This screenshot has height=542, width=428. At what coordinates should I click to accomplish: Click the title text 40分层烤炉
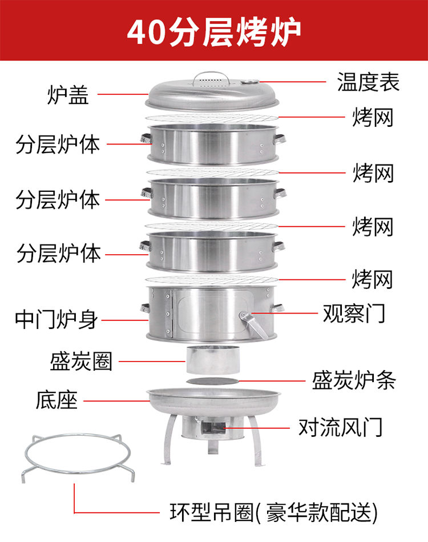coord(214,32)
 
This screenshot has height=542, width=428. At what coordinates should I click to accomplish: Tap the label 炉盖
coord(68,94)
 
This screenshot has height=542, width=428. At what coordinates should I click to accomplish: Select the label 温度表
coord(368,82)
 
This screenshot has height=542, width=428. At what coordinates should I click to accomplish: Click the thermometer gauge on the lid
coord(250,82)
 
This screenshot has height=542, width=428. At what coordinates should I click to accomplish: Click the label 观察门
coord(354,313)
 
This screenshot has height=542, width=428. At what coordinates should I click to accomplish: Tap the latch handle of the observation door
coord(253,324)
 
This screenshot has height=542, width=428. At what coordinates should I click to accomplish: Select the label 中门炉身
coord(56,319)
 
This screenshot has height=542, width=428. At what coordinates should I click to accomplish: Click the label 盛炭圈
coord(81,361)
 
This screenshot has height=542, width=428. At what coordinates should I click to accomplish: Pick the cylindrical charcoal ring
coord(213,359)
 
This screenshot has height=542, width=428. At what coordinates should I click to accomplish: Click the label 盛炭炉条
coord(354,380)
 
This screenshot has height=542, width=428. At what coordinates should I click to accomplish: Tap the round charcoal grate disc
coord(212,382)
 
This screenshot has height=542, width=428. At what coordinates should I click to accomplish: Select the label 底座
coord(56,400)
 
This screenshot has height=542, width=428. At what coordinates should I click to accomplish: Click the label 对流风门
coord(340,427)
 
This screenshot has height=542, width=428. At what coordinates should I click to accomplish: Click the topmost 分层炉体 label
coord(58,144)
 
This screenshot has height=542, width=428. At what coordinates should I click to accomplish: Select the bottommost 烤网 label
coord(373,279)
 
